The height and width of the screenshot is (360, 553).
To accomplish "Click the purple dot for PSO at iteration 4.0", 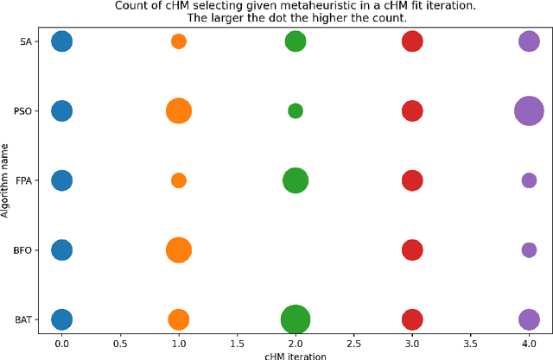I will pyautogui.click(x=529, y=111).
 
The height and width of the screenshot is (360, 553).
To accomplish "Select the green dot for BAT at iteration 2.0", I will pyautogui.click(x=295, y=319).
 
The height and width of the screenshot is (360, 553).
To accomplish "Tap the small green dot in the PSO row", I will pyautogui.click(x=295, y=111).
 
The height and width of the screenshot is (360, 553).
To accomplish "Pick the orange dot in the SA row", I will pyautogui.click(x=178, y=41).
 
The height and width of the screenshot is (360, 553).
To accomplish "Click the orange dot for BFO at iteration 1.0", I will pyautogui.click(x=178, y=249).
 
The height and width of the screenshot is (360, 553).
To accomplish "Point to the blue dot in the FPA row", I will pyautogui.click(x=61, y=180).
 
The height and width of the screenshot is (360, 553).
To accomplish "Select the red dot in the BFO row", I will pyautogui.click(x=412, y=249).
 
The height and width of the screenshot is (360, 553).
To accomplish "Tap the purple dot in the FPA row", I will pyautogui.click(x=529, y=180).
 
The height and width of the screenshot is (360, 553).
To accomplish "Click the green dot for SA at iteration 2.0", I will pyautogui.click(x=295, y=41).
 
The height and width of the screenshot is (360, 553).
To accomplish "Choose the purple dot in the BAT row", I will pyautogui.click(x=529, y=319).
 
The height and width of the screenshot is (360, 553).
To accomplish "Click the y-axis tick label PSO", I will pyautogui.click(x=22, y=111).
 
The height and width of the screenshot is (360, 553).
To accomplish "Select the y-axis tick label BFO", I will pyautogui.click(x=22, y=249).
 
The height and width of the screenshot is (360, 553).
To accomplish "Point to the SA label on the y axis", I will pyautogui.click(x=25, y=41).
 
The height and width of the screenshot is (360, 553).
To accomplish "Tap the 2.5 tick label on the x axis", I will pyautogui.click(x=353, y=343).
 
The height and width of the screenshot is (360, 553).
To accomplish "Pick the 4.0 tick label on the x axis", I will pyautogui.click(x=529, y=343).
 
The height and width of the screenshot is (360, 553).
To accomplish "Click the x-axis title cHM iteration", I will pyautogui.click(x=295, y=354).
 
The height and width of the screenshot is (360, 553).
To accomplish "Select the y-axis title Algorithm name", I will pyautogui.click(x=6, y=180).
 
